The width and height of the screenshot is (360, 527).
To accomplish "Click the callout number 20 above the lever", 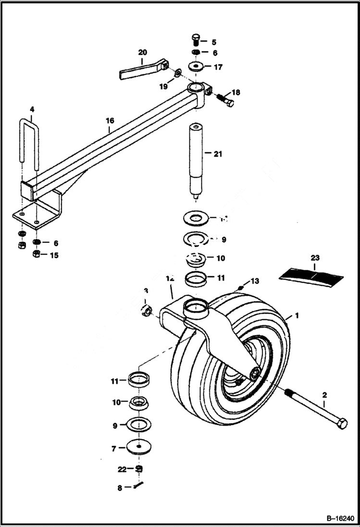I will [142, 52].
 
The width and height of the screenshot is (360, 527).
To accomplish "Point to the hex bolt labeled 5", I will [195, 40].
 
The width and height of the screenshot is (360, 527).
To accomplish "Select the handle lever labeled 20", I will [142, 69].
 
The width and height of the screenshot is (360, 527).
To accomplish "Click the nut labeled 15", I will [37, 254].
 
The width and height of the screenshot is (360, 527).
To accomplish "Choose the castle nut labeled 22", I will [139, 468].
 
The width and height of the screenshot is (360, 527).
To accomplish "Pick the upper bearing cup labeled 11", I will [196, 279].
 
